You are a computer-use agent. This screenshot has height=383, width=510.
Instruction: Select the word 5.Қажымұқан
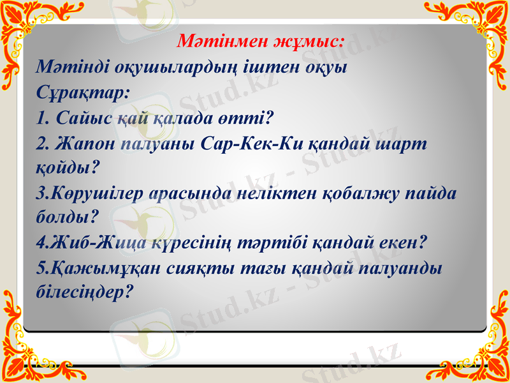(104, 268)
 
